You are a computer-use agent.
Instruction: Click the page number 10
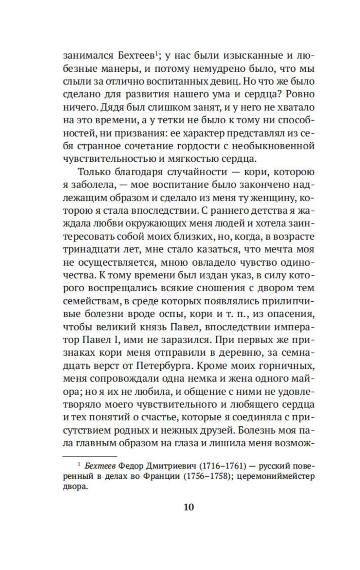pyautogui.click(x=189, y=507)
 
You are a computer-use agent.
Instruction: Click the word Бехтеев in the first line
pyautogui.click(x=136, y=56)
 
